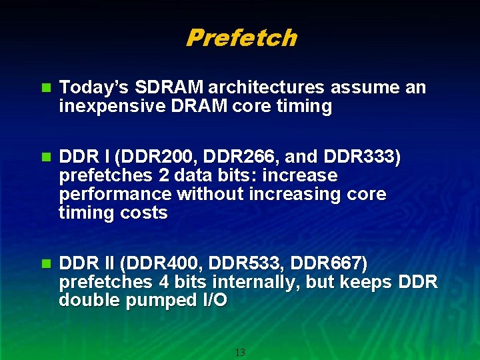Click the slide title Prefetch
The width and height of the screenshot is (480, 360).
[241, 38]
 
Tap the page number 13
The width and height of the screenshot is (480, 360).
[240, 352]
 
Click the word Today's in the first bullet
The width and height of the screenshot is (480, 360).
[94, 88]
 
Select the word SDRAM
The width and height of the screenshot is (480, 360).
[169, 88]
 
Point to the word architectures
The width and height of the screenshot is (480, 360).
[265, 88]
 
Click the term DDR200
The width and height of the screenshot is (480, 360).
[160, 157]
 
